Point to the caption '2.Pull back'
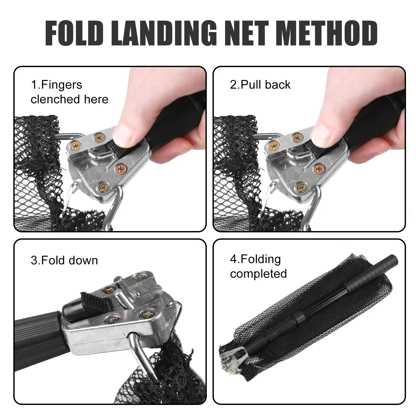point(260,85)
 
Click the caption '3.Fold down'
point(64,260)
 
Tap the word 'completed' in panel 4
point(258,274)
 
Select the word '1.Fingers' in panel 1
point(56,85)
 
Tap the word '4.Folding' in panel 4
point(255,259)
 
